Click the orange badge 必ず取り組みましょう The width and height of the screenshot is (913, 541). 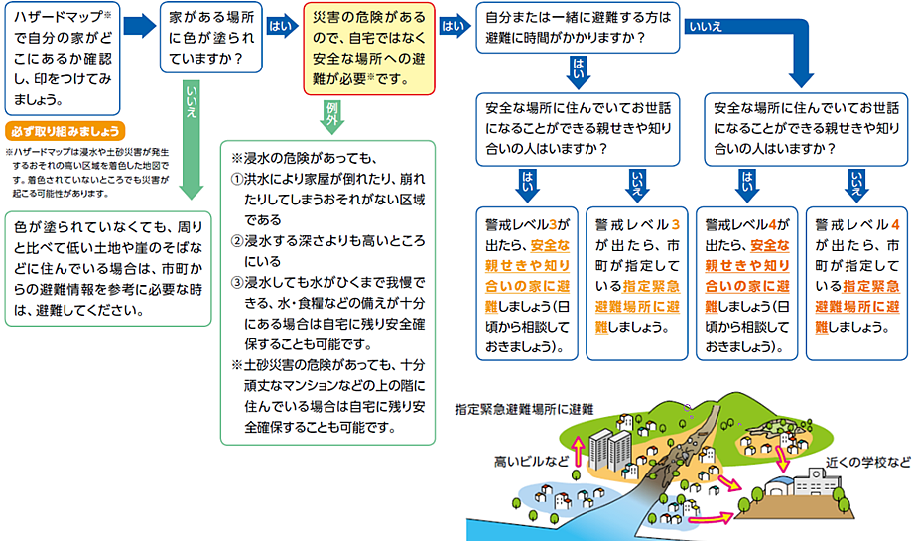point(65,131)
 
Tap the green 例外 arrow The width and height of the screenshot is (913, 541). point(331,116)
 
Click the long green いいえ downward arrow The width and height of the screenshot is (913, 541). point(191,140)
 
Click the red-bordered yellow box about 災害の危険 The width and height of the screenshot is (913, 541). point(368,49)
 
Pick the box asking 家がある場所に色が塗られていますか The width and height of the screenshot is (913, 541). point(211,38)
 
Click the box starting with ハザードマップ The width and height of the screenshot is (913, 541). point(63,59)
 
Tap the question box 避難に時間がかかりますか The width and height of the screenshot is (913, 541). point(578,28)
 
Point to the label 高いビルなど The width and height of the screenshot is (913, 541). point(531,462)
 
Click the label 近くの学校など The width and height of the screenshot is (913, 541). point(867,463)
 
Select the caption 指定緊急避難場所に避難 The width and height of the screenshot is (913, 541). point(524,409)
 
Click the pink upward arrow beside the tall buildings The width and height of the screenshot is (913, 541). point(579,452)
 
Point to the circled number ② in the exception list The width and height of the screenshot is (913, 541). point(237,241)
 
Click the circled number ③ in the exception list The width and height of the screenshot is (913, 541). point(237,283)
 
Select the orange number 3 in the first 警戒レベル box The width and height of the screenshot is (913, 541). point(553,224)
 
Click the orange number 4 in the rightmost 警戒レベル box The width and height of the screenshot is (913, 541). point(895,224)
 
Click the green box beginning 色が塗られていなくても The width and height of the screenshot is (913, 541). point(108,268)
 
